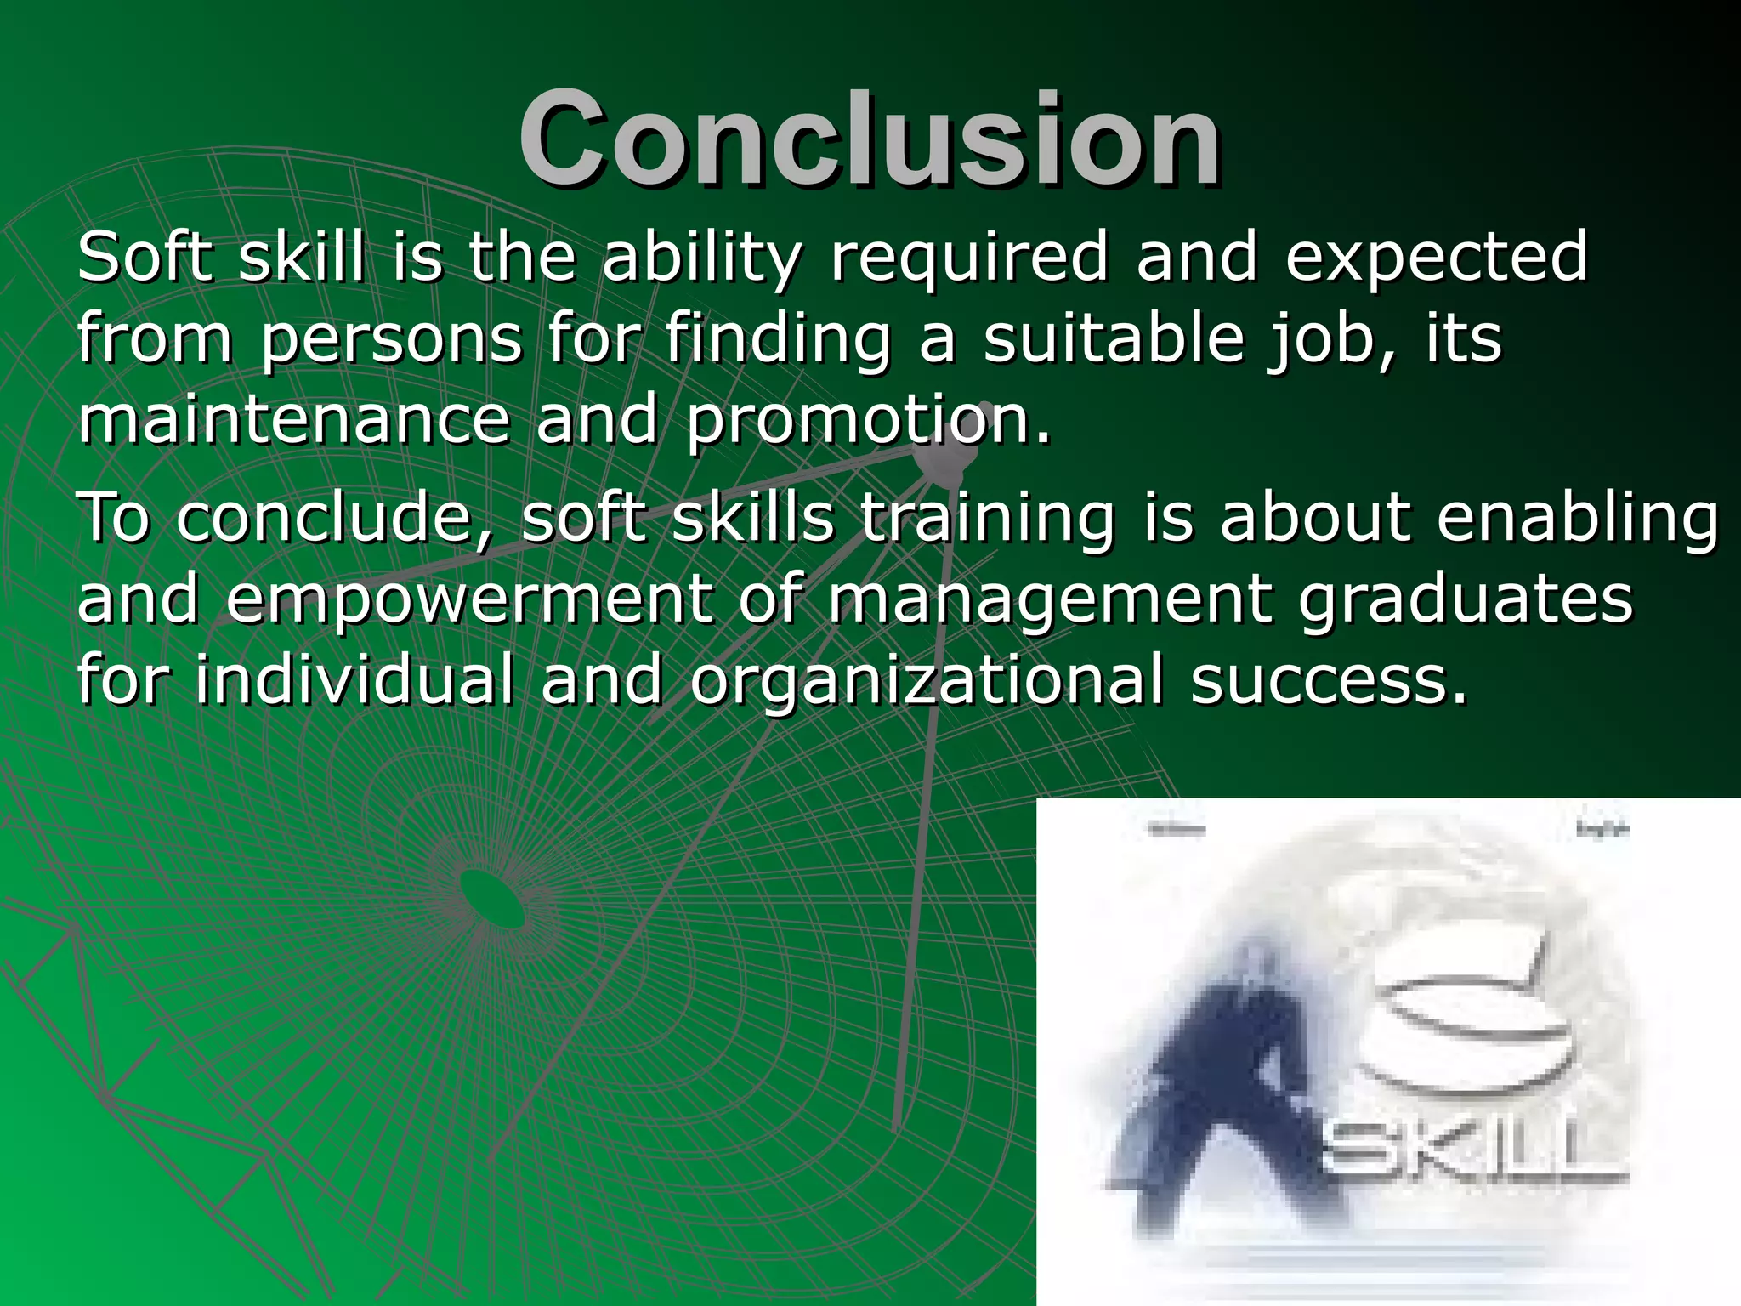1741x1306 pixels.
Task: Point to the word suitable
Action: [1114, 338]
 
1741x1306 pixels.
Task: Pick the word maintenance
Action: [294, 420]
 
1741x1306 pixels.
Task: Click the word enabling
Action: [1578, 520]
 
